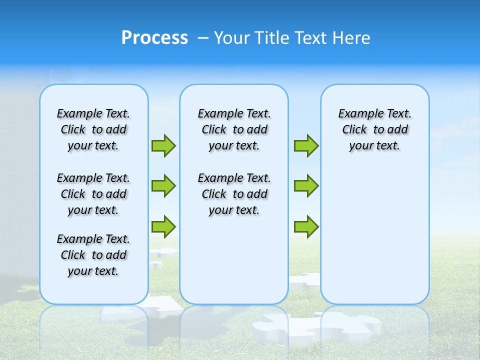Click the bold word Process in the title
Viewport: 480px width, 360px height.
[154, 37]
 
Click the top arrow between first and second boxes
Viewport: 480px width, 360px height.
[163, 145]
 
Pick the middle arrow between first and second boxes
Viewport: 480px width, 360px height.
[163, 186]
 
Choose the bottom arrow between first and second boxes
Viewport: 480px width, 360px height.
[163, 226]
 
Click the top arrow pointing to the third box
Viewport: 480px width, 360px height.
[306, 145]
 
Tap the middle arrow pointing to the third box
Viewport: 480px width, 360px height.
[306, 186]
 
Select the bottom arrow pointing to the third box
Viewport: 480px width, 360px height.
[306, 226]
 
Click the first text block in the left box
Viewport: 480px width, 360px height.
[93, 129]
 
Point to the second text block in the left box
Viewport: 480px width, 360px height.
[93, 194]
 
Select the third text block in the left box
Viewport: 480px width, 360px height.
[93, 255]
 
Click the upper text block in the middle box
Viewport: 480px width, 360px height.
[234, 129]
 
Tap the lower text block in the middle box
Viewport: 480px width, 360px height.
[234, 194]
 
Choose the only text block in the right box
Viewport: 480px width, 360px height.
[374, 129]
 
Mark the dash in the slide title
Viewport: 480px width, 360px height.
[203, 38]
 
